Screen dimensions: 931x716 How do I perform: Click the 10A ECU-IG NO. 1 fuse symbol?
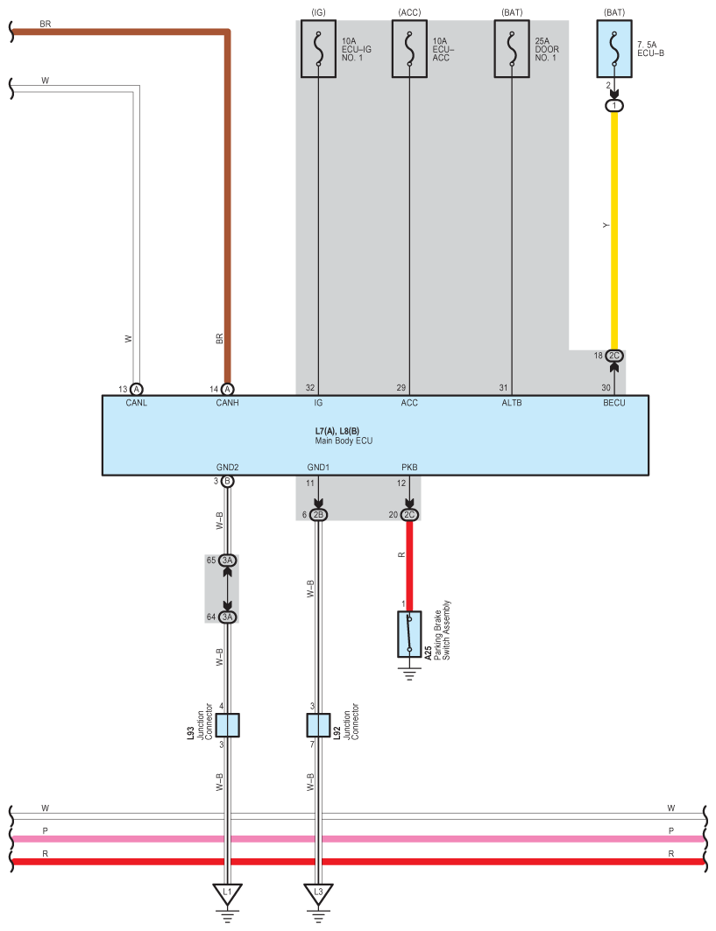(x=317, y=49)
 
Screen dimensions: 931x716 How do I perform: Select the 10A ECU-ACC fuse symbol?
(x=409, y=49)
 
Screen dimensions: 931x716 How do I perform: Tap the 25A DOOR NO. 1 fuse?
(x=512, y=49)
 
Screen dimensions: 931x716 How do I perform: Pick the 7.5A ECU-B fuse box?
(x=614, y=49)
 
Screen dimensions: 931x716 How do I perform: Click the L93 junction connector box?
(x=227, y=725)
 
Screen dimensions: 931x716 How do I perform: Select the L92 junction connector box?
(x=318, y=725)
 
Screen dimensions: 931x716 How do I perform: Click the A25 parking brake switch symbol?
(x=409, y=634)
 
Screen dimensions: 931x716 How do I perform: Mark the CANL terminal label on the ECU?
(x=137, y=404)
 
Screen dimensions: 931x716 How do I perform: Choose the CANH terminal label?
(x=227, y=404)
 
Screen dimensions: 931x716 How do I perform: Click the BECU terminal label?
(x=613, y=404)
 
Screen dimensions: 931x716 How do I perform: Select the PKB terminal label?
(x=409, y=468)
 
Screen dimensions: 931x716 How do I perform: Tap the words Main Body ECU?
(x=344, y=441)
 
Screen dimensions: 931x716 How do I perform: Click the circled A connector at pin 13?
(x=137, y=389)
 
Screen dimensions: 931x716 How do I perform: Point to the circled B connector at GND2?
(x=227, y=482)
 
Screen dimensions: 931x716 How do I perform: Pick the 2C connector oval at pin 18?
(x=614, y=356)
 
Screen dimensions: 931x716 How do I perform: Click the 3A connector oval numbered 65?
(x=228, y=561)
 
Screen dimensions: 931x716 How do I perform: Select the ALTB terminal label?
(x=512, y=404)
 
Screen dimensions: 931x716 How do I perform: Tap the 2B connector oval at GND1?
(x=318, y=515)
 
